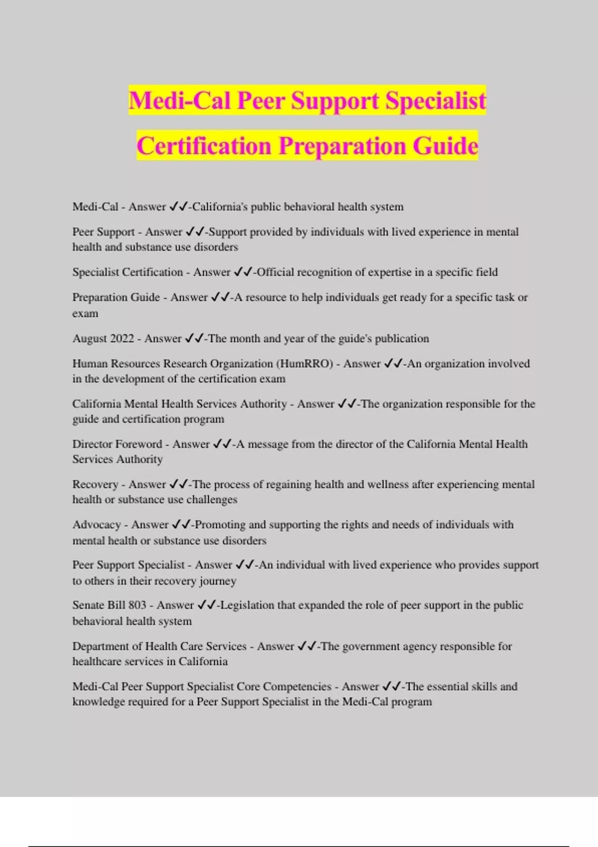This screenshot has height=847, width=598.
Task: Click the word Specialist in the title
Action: (436, 101)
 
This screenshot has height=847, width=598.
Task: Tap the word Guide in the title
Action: (446, 146)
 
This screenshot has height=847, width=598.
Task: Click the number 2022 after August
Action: (122, 339)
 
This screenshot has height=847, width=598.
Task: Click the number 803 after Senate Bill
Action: (137, 605)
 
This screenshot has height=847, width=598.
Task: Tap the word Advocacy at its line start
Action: (97, 525)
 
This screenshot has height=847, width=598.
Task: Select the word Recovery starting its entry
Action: (95, 484)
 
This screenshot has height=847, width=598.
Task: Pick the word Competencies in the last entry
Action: (297, 687)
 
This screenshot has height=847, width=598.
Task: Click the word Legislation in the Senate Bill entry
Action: (247, 605)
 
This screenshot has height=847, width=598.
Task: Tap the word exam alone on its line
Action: (85, 314)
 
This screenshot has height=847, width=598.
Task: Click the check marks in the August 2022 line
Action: (194, 339)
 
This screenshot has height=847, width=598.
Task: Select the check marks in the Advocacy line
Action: (181, 525)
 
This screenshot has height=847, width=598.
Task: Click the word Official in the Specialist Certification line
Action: (275, 272)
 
